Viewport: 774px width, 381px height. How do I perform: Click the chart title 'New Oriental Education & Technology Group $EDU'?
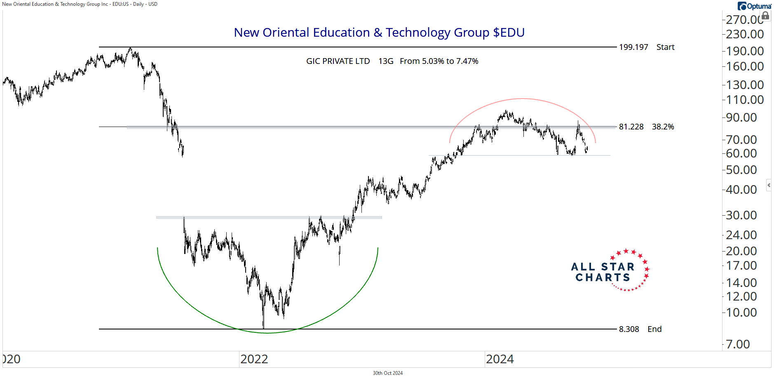point(379,33)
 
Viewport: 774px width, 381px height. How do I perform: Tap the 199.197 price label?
point(633,47)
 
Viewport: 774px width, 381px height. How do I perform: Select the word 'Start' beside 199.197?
point(665,47)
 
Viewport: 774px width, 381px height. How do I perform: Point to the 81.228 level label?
point(631,127)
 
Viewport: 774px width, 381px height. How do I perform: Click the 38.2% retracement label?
point(663,127)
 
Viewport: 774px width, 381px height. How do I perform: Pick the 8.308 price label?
point(629,329)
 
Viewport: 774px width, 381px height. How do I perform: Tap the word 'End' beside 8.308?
point(654,329)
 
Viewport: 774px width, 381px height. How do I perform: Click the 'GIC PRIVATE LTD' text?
point(338,61)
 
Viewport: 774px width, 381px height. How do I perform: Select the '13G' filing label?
point(386,61)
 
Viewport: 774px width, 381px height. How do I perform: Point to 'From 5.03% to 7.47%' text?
point(439,61)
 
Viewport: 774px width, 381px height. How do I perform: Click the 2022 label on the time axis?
point(254,360)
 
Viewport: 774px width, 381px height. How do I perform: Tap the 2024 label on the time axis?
point(500,360)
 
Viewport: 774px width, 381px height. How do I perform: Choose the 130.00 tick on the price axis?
point(745,85)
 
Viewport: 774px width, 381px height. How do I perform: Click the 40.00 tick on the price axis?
point(741,190)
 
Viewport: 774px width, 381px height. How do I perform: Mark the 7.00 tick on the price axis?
point(738,344)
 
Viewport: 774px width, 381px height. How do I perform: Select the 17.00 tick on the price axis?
point(741,266)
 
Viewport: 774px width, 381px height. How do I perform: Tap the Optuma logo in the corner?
point(754,6)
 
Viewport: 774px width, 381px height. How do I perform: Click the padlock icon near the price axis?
point(765,16)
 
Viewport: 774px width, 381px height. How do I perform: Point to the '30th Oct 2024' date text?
point(387,373)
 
